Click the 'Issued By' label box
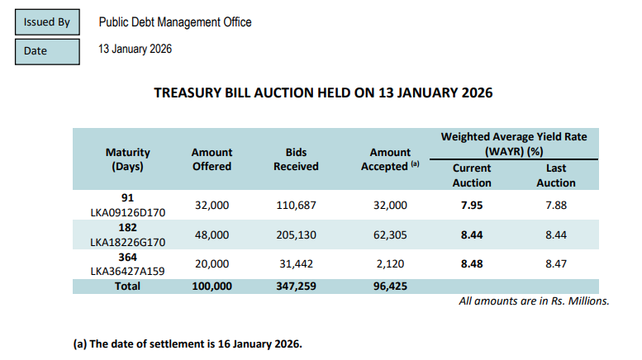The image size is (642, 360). [x=47, y=22]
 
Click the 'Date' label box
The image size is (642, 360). [x=47, y=50]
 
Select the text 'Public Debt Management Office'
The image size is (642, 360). [x=174, y=22]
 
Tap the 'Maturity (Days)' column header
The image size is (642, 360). [x=128, y=159]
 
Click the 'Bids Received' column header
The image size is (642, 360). [x=296, y=159]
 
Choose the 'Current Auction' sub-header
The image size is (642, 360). [x=472, y=175]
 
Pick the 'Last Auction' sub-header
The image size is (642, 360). [x=555, y=175]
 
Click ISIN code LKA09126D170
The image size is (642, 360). [x=128, y=212]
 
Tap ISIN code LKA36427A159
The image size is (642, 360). [x=128, y=270]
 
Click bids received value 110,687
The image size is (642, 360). [x=296, y=205]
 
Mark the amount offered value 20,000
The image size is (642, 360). [x=212, y=263]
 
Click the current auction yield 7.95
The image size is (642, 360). [x=472, y=205]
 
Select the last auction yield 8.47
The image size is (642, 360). [x=555, y=263]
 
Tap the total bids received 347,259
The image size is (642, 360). [x=296, y=286]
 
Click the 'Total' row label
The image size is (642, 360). [x=128, y=286]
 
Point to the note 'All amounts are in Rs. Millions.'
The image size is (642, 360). [x=534, y=301]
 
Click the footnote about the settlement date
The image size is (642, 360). [x=188, y=343]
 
